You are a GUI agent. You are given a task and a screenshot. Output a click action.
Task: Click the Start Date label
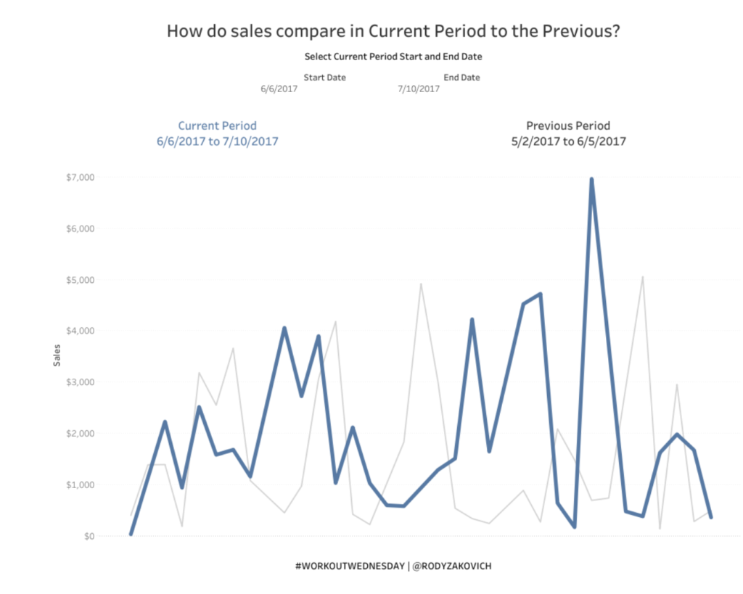[x=324, y=78]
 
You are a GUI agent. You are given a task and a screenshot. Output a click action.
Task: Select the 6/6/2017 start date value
[x=279, y=89]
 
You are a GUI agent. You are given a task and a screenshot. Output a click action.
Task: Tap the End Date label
[x=461, y=78]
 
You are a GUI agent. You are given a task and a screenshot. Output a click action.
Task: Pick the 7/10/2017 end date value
[x=418, y=89]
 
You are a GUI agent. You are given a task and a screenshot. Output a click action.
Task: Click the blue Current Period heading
[x=217, y=125]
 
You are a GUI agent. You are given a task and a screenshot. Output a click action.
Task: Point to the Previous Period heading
[x=568, y=125]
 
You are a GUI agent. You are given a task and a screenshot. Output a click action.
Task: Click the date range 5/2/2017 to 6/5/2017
[x=568, y=141]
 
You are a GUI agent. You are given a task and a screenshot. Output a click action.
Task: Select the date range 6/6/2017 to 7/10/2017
[x=217, y=141]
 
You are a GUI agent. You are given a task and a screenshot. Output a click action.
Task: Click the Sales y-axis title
[x=57, y=355]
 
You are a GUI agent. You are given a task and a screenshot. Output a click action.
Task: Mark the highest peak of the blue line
[x=591, y=179]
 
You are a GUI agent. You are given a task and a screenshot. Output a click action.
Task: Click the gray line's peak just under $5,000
[x=421, y=284]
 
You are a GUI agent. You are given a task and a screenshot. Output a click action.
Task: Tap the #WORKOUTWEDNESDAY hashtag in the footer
[x=348, y=566]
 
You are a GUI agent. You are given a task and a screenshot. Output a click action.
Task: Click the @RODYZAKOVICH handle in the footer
[x=451, y=566]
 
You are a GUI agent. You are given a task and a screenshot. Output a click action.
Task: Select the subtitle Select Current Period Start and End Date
[x=393, y=56]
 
